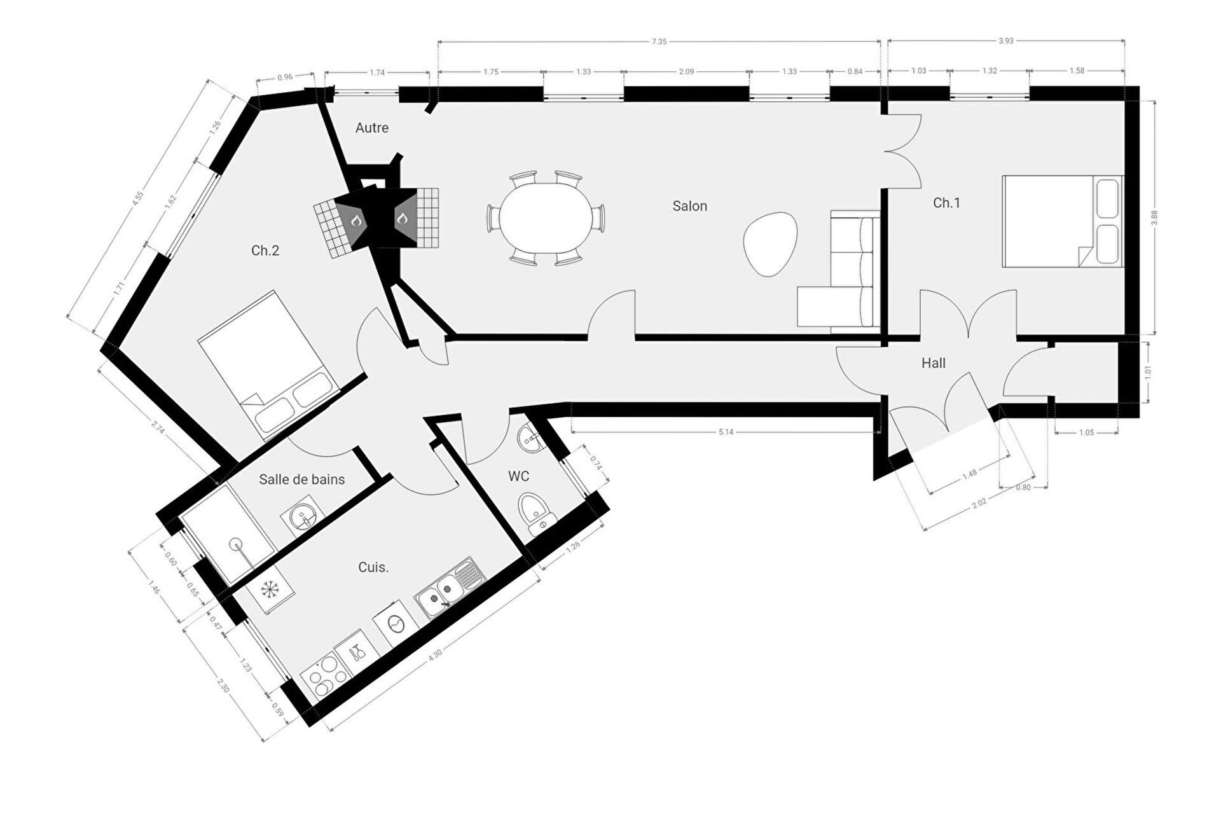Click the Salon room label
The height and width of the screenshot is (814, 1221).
click(689, 206)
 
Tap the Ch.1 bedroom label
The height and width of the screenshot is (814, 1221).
click(946, 203)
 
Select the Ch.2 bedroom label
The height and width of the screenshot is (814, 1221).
click(265, 251)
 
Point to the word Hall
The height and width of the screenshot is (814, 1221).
click(933, 363)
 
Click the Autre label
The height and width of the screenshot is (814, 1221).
click(372, 128)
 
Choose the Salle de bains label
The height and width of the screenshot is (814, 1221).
click(302, 479)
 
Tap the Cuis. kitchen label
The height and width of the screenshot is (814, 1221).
click(373, 567)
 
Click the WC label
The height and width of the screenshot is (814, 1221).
click(518, 476)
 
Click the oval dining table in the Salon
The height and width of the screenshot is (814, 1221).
click(546, 218)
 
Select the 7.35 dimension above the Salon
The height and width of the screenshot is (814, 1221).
click(659, 42)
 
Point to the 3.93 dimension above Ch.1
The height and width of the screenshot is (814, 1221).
click(1005, 41)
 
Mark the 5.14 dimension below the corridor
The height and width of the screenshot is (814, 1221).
click(726, 432)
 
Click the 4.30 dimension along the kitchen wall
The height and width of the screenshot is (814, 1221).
click(435, 656)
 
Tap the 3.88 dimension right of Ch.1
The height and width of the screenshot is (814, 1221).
click(1154, 217)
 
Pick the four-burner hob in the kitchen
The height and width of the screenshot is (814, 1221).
click(326, 677)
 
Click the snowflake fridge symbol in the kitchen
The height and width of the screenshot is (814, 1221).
click(271, 590)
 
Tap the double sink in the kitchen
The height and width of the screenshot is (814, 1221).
click(449, 588)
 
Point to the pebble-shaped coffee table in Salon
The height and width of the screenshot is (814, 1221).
click(769, 244)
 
